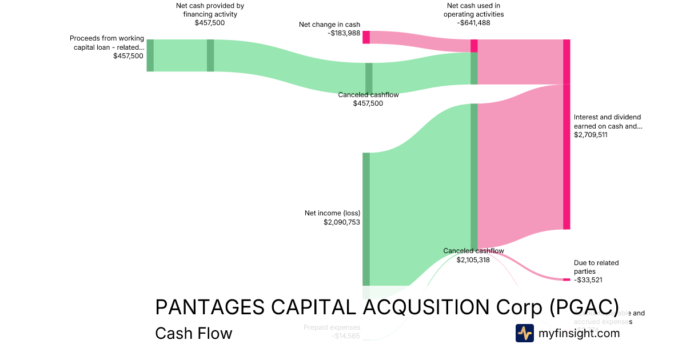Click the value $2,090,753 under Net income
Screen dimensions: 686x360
(342, 222)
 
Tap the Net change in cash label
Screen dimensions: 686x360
(329, 25)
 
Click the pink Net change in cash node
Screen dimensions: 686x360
(366, 37)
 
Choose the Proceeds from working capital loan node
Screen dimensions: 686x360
(150, 55)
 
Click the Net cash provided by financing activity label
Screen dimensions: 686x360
(210, 10)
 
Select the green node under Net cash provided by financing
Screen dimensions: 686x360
(210, 55)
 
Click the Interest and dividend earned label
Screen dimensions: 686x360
(608, 122)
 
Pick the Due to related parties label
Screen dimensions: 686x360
(596, 267)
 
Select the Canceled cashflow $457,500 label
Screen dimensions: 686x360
(368, 99)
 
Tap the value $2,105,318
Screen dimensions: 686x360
(473, 259)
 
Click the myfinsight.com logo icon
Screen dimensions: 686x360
(524, 333)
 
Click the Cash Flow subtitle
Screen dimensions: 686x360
(193, 333)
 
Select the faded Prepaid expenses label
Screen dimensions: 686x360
(332, 327)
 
